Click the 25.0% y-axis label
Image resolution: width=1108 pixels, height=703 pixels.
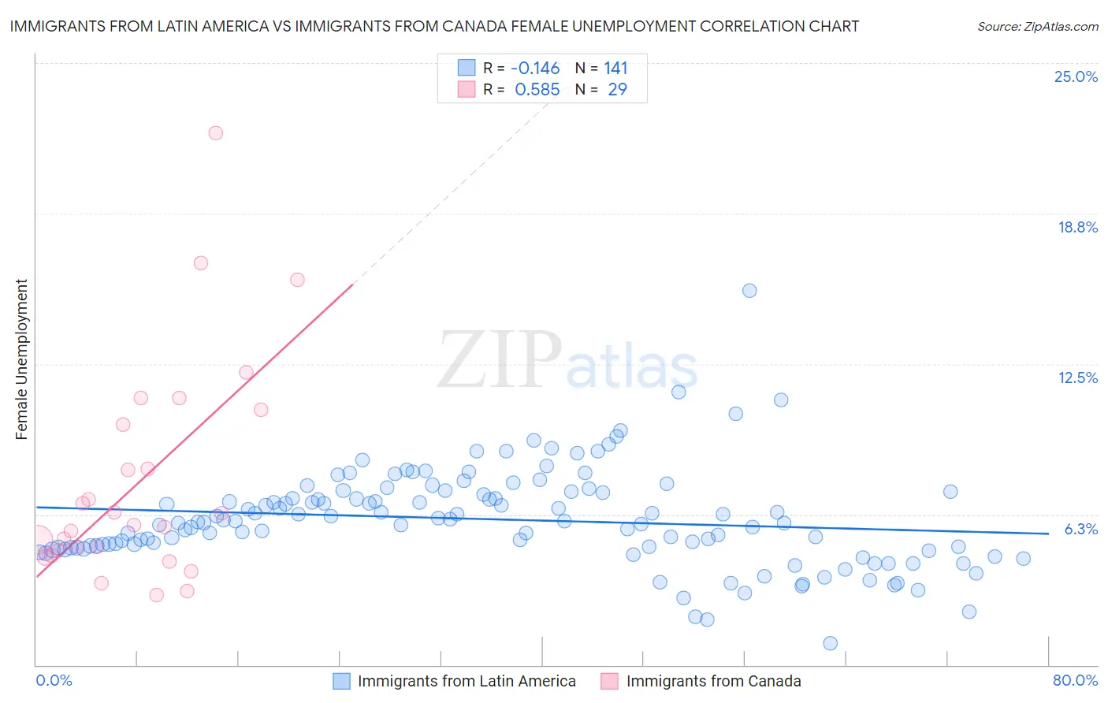click(1076, 76)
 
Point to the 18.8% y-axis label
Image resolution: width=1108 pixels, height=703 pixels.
click(1077, 227)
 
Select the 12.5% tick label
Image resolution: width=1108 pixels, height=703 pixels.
click(1077, 378)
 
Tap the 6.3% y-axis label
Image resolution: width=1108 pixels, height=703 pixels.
click(1080, 529)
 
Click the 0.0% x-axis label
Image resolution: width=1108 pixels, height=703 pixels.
click(54, 680)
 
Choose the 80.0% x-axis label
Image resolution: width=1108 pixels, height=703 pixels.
click(1075, 680)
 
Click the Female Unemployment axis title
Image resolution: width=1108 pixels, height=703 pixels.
click(21, 359)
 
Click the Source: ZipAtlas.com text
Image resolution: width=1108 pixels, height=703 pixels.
click(1037, 26)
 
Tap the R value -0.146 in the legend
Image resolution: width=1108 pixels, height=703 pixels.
click(535, 68)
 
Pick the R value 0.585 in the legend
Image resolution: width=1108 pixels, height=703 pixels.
click(537, 90)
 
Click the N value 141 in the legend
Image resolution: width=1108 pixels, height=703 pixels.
click(615, 68)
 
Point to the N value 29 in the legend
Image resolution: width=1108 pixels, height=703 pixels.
click(617, 90)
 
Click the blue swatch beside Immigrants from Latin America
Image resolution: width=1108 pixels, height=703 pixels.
click(341, 681)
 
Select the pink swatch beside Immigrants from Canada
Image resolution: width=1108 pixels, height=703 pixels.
click(610, 681)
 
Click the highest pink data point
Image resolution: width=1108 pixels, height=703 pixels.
click(215, 133)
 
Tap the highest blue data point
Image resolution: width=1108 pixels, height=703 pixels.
click(749, 291)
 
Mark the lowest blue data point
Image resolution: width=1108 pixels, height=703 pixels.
click(830, 643)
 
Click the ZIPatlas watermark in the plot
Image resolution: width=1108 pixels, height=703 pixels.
click(567, 360)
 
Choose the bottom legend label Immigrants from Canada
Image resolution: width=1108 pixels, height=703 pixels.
click(713, 681)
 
